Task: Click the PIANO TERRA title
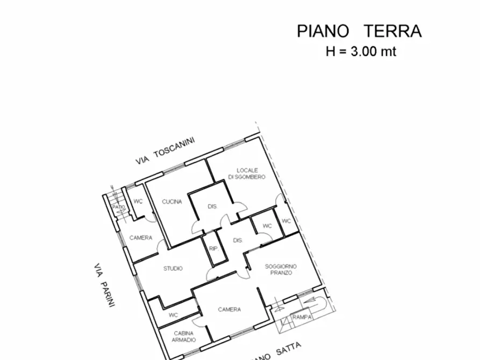[359, 31]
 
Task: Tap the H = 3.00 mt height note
[361, 52]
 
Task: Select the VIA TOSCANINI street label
[164, 151]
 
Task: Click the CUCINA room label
[172, 202]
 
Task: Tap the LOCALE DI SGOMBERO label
[246, 173]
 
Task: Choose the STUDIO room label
[173, 268]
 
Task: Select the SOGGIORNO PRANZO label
[281, 269]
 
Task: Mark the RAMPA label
[299, 318]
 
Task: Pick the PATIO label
[118, 206]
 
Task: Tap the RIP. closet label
[212, 249]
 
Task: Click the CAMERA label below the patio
[141, 237]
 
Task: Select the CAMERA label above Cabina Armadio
[229, 309]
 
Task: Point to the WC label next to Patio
[138, 202]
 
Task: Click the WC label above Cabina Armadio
[173, 315]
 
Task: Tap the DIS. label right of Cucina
[212, 206]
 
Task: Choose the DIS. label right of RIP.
[237, 240]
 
